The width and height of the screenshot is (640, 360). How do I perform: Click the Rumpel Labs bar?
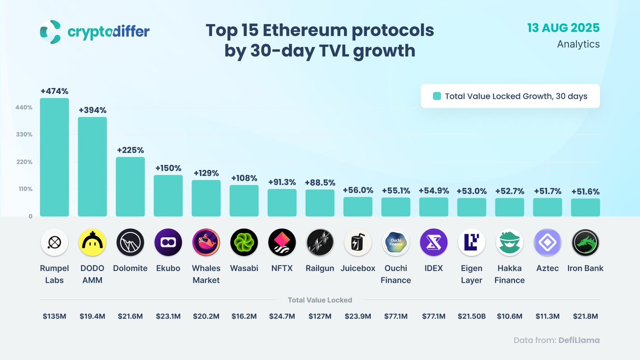54,157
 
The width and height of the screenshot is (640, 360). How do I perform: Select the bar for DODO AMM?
92,167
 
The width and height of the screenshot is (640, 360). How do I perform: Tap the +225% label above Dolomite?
130,150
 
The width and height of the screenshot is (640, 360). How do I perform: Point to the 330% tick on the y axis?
24,134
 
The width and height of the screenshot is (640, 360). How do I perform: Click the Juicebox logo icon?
357,243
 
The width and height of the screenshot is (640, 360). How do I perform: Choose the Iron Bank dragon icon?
585,243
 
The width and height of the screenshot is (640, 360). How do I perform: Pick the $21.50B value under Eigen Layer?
471,316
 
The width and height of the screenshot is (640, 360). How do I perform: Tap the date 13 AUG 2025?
564,28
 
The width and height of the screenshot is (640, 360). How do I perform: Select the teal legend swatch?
436,97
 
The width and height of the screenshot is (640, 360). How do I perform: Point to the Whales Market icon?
206,243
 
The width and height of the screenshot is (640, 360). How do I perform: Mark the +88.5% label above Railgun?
319,182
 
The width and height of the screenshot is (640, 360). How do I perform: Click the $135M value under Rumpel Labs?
54,316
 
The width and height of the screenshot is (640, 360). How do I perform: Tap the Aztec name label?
547,268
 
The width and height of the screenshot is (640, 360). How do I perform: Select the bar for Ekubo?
168,196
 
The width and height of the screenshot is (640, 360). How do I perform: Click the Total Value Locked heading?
319,300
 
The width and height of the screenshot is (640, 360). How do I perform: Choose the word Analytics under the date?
578,44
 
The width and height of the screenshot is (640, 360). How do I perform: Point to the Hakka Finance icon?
509,243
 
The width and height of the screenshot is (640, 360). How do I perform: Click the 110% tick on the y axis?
24,189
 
